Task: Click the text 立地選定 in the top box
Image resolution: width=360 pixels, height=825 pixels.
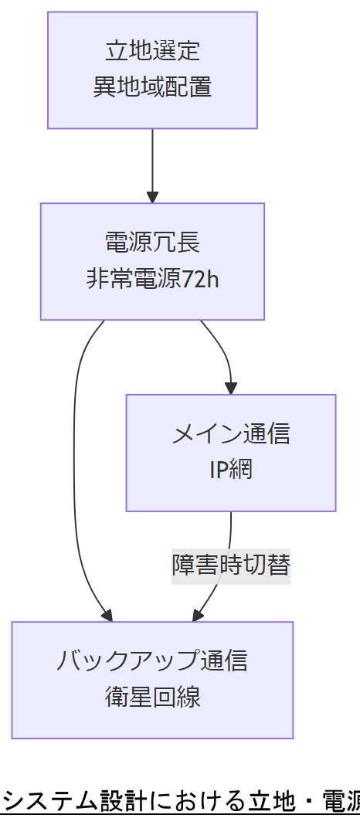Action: (x=152, y=52)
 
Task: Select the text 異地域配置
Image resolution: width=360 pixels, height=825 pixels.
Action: (x=152, y=87)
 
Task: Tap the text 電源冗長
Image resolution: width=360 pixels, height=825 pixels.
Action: (x=152, y=243)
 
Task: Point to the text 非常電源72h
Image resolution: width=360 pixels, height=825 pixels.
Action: (x=152, y=279)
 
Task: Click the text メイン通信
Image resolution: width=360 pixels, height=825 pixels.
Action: (x=230, y=434)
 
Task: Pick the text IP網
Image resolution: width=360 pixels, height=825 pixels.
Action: (x=230, y=470)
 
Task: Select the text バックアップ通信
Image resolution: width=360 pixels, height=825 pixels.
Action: (x=152, y=661)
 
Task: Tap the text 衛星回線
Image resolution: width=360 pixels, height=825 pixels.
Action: (x=152, y=697)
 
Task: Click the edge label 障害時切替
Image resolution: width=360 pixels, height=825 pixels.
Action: (x=230, y=565)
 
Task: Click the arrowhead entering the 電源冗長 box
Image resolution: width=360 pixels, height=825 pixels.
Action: (x=152, y=197)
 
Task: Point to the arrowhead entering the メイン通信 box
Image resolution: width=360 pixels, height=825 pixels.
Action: (x=230, y=389)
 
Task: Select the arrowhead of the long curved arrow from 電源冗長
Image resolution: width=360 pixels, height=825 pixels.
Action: (x=108, y=616)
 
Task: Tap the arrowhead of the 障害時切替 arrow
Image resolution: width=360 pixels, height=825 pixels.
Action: (x=196, y=616)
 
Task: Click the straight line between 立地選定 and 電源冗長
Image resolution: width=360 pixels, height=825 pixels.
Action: (x=152, y=162)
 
